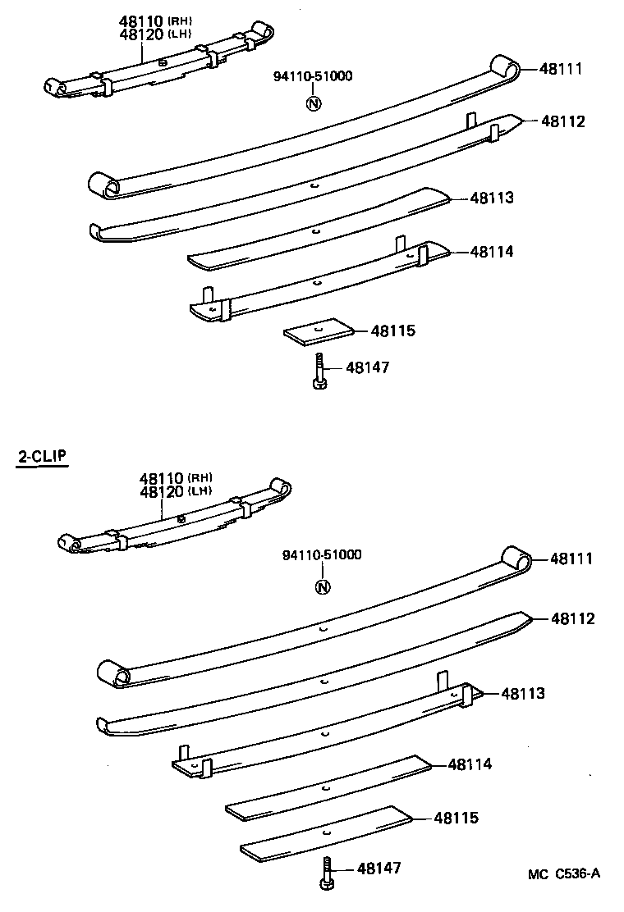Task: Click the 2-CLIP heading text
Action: click(42, 458)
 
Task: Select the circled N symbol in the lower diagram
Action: click(323, 586)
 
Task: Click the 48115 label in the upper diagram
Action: click(392, 331)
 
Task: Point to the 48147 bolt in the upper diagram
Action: click(318, 371)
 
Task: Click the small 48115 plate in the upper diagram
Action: click(319, 331)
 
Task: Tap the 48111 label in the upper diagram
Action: click(561, 69)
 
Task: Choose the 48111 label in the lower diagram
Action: click(571, 559)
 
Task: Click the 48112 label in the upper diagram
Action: click(562, 121)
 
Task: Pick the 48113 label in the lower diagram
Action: click(522, 694)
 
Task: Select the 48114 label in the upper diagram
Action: click(492, 252)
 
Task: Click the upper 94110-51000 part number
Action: click(313, 77)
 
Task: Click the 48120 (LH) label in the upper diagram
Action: click(154, 34)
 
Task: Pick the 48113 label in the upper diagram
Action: click(492, 198)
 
